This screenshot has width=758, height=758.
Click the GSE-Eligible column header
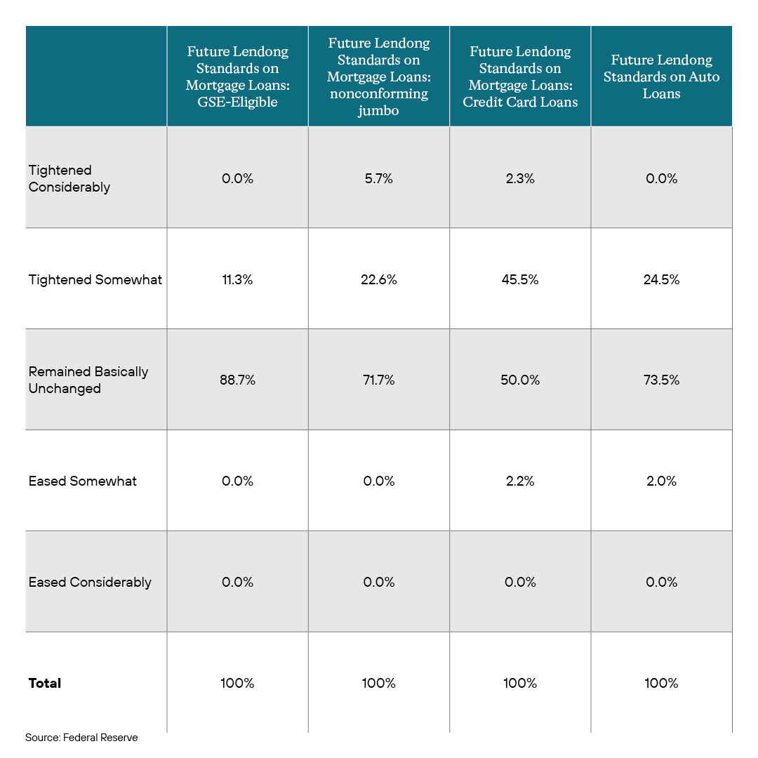click(x=237, y=77)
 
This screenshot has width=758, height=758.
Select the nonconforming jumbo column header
click(x=378, y=77)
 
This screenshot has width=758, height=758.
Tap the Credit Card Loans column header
click(x=520, y=77)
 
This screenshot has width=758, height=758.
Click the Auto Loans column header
click(x=661, y=77)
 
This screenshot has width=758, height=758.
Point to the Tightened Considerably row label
click(x=69, y=178)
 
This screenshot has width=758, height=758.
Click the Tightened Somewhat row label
click(x=95, y=279)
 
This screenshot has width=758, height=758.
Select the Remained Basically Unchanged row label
click(x=88, y=380)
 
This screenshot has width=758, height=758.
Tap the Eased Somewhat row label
click(x=82, y=481)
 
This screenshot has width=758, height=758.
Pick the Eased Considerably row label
click(x=90, y=582)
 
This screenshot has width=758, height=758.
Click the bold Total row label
click(x=44, y=683)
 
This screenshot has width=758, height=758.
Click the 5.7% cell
click(x=378, y=178)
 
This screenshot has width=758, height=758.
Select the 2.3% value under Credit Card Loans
click(x=520, y=178)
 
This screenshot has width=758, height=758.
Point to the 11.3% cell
click(x=237, y=279)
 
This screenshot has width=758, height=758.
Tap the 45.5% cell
click(x=520, y=279)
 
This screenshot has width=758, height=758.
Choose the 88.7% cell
click(x=237, y=380)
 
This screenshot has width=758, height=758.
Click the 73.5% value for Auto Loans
click(x=661, y=380)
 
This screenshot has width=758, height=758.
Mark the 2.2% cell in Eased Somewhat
click(x=520, y=481)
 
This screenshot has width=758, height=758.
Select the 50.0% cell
click(x=520, y=380)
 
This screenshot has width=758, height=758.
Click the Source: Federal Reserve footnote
click(x=81, y=738)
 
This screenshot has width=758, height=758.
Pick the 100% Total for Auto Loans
click(x=661, y=683)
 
